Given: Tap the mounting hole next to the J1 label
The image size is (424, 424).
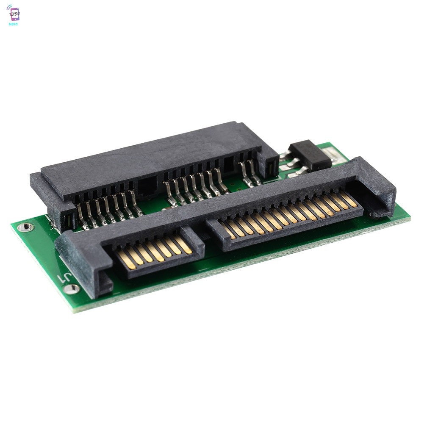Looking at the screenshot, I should coord(71,289).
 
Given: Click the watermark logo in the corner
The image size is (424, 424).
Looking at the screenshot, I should coord(14,15).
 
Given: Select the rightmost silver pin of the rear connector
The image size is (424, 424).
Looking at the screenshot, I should coord(255,173).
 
